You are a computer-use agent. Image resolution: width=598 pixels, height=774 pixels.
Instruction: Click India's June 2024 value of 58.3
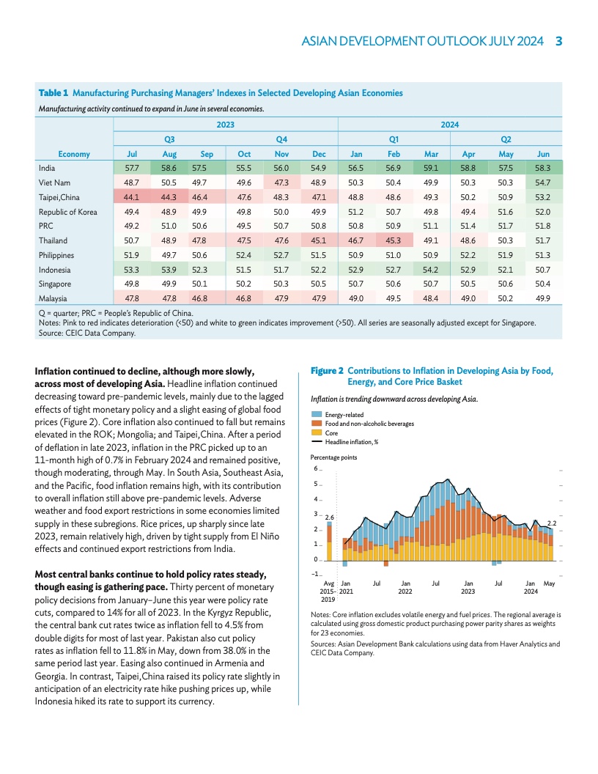coord(543,168)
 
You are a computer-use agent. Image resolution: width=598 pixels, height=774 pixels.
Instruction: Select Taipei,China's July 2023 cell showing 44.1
coord(133,197)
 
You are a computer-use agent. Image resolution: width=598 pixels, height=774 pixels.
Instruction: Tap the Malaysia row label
coord(52,298)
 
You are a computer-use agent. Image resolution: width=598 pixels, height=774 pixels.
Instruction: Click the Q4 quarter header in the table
coord(281,139)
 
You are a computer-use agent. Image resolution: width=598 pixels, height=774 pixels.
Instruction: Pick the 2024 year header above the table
coord(449,125)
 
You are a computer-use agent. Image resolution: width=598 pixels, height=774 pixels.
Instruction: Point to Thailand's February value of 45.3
coord(393,240)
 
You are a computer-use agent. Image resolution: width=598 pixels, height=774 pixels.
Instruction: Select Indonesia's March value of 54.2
coord(431,270)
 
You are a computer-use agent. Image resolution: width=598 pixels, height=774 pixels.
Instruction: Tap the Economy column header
coord(74,154)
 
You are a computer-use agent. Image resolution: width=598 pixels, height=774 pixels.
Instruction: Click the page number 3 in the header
coord(558,41)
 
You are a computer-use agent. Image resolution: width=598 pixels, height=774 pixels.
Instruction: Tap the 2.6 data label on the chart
coord(330,517)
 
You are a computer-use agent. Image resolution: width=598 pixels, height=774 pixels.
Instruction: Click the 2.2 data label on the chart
coord(552,523)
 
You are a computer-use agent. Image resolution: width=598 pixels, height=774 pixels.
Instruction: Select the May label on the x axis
coord(550,583)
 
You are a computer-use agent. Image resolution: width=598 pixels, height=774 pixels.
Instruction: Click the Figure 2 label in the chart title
coord(327,371)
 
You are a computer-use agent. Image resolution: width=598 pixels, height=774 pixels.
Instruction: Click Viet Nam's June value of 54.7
coord(543,183)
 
